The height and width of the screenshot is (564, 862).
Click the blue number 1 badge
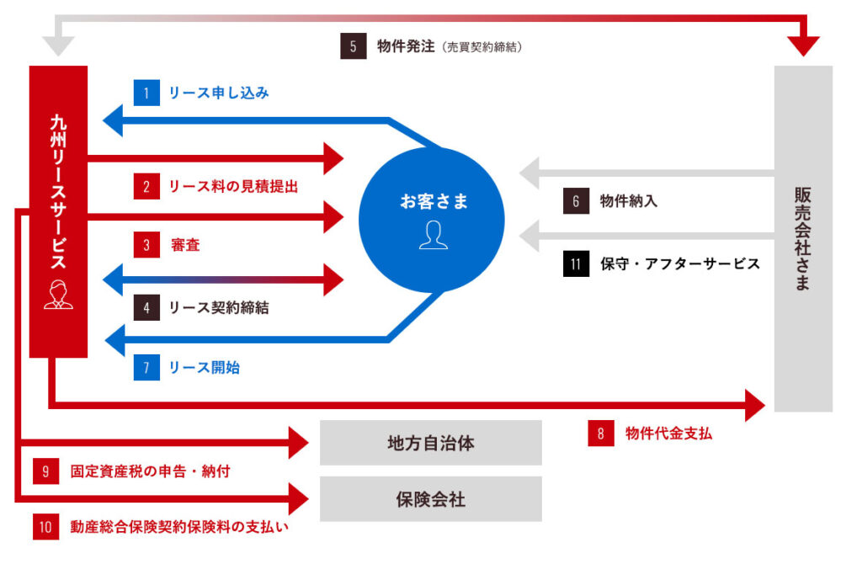[146, 93]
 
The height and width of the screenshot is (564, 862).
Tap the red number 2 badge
[146, 186]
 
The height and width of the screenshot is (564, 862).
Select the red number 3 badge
[146, 245]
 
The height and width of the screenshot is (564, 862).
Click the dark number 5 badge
[354, 46]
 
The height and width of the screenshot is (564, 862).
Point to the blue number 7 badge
[146, 367]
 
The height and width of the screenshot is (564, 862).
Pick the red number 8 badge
[601, 434]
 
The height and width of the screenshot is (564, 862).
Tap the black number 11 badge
[577, 263]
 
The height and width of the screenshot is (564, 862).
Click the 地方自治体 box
[430, 443]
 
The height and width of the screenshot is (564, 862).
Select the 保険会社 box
[430, 499]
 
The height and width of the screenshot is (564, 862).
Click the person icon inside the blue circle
[434, 235]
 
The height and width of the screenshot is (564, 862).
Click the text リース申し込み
[219, 93]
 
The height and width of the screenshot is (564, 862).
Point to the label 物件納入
[629, 202]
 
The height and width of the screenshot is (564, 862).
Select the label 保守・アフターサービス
[680, 263]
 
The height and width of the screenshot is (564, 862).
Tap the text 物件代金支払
[669, 434]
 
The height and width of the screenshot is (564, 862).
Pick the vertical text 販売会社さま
[802, 239]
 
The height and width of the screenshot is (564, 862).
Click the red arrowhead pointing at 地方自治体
[299, 443]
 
